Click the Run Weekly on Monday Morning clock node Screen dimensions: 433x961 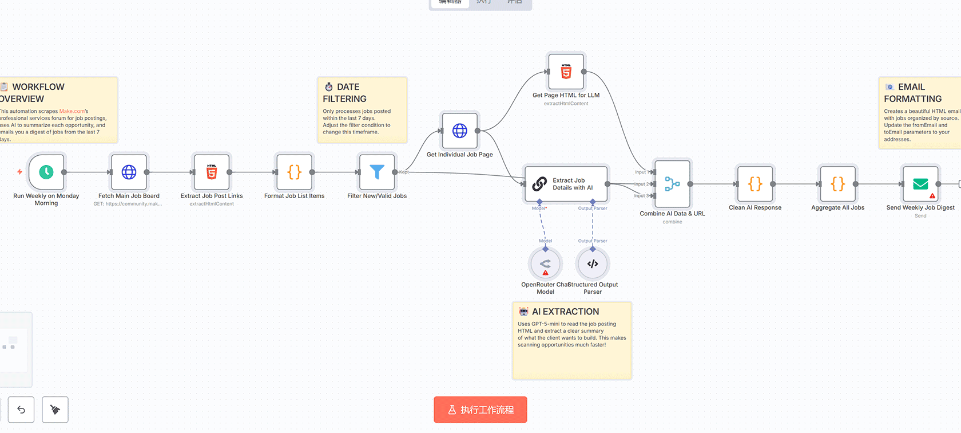(x=46, y=172)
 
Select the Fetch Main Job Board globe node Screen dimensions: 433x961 (x=129, y=172)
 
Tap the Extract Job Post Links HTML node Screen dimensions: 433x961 (x=212, y=172)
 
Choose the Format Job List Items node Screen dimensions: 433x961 (x=295, y=172)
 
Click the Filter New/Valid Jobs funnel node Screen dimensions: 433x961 (x=377, y=172)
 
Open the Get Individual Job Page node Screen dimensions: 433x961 (x=460, y=131)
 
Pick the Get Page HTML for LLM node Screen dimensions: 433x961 (x=566, y=72)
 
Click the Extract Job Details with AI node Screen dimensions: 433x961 (x=566, y=184)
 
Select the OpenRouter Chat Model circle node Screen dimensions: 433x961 (x=545, y=264)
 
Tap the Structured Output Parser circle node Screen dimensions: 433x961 (x=593, y=264)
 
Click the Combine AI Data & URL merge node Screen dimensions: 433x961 (x=672, y=184)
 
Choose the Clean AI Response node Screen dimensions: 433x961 (x=755, y=184)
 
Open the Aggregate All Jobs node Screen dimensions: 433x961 (x=837, y=184)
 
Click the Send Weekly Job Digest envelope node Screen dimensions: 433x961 (x=920, y=184)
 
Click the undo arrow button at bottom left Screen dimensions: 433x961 (x=21, y=410)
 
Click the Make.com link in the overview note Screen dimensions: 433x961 (x=72, y=111)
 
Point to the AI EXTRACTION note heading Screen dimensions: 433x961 (x=565, y=312)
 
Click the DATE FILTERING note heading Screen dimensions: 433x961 (x=344, y=93)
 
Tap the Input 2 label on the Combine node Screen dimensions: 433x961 (x=641, y=184)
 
